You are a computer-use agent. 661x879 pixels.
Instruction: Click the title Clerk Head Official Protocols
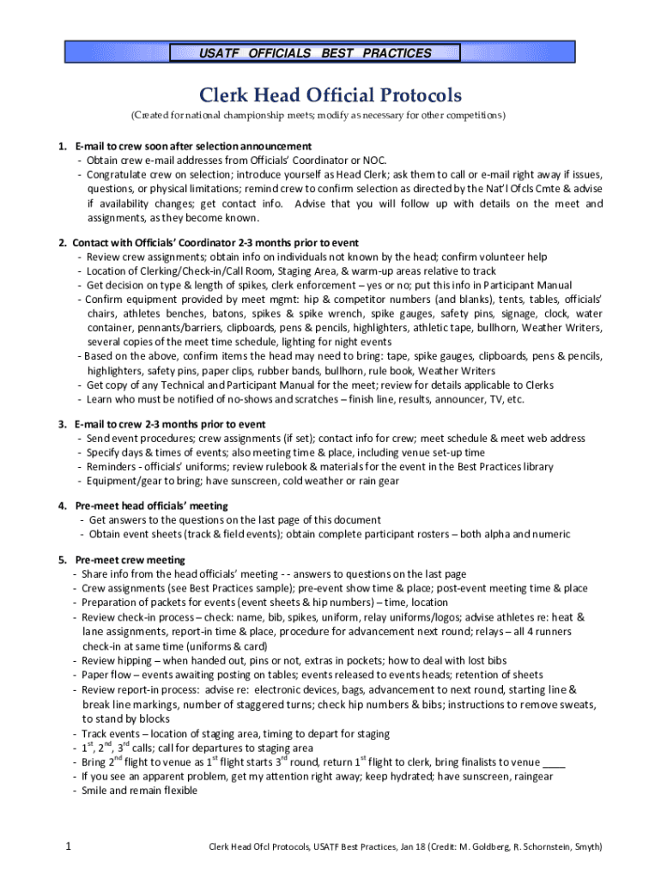point(330,94)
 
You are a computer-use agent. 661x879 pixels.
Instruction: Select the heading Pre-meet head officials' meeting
point(151,506)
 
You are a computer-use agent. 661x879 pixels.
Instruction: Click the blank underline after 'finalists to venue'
point(555,762)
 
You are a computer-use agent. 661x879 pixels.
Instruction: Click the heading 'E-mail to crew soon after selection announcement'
point(193,146)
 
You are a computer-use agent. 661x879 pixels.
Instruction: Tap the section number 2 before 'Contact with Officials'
point(62,243)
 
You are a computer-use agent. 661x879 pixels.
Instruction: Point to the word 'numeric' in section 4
point(550,534)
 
